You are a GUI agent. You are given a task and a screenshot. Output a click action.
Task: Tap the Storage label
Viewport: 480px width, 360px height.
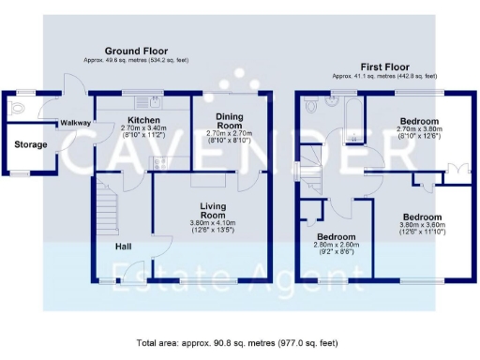(x=31, y=145)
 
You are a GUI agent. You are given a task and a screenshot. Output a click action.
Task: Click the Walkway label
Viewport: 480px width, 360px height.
(x=75, y=124)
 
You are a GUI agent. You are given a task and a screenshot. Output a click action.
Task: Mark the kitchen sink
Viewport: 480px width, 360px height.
(x=143, y=99)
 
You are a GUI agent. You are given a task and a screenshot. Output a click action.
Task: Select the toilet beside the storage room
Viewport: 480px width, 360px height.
(x=15, y=110)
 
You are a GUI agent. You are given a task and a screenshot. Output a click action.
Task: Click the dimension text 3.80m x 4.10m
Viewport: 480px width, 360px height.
(x=214, y=222)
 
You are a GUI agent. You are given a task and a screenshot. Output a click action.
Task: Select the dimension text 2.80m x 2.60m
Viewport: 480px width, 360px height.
(x=335, y=246)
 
